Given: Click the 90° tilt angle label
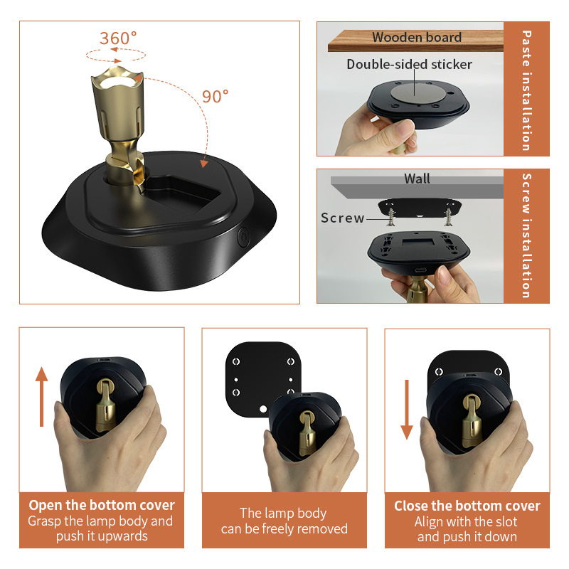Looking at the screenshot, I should tap(215, 97).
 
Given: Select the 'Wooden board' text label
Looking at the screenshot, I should tap(416, 38).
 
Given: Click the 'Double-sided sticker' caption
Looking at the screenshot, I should tap(409, 65).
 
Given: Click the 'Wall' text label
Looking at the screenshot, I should tap(417, 179).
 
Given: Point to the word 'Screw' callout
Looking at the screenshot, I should tap(342, 218).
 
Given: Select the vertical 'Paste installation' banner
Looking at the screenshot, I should tap(526, 89).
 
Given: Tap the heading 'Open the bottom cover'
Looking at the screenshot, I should tap(102, 506).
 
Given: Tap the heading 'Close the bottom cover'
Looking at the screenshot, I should tap(467, 506).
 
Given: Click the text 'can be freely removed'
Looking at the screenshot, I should tap(284, 528).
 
